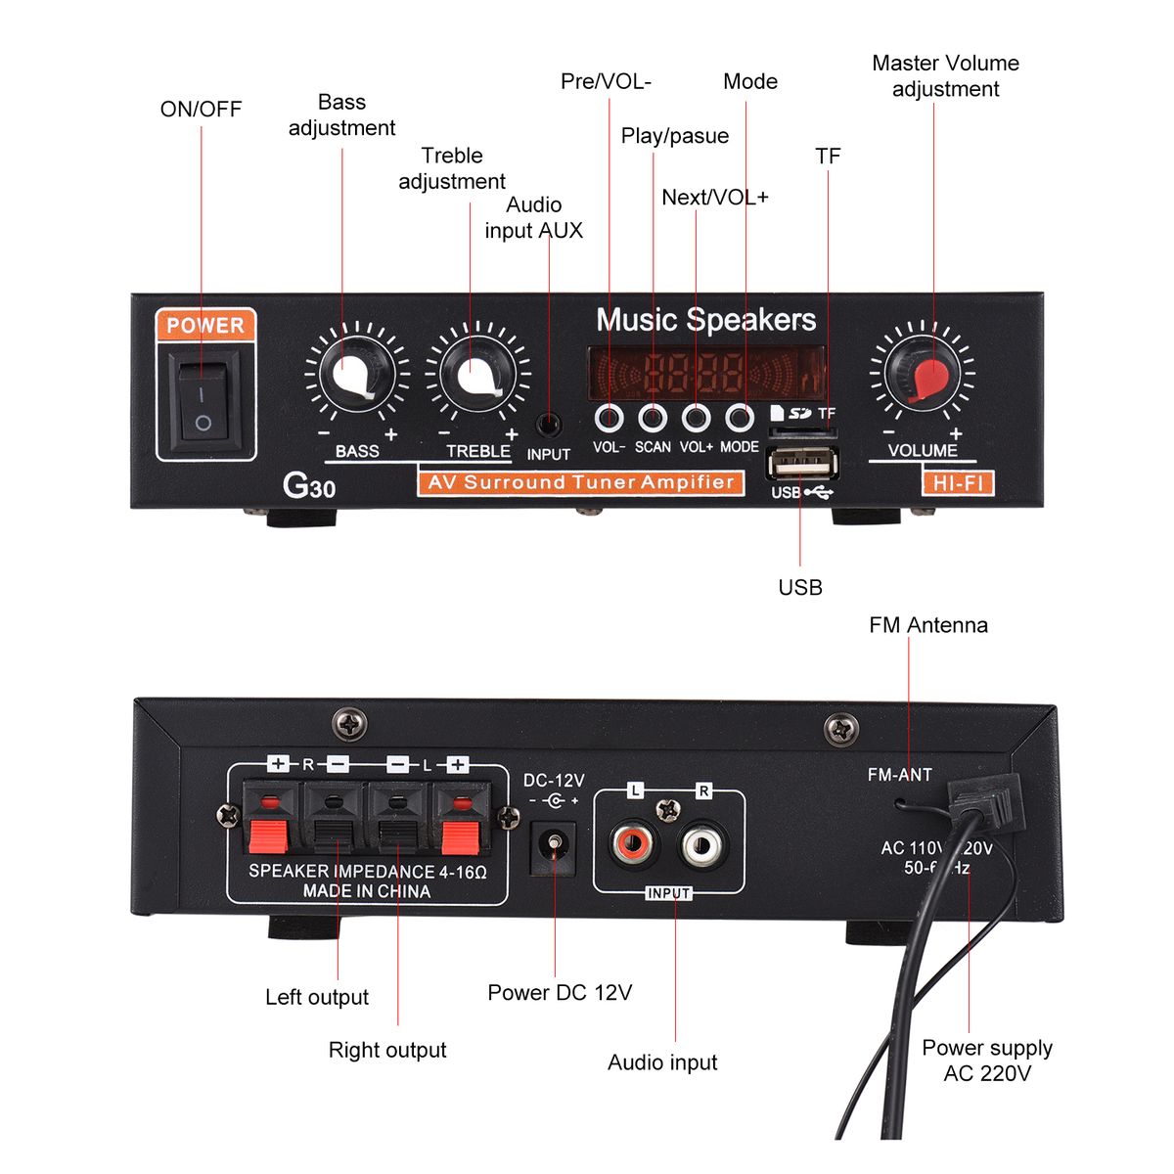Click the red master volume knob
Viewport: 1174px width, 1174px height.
pos(924,375)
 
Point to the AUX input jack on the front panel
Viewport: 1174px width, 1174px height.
pos(549,426)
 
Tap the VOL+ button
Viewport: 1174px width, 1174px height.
pos(696,419)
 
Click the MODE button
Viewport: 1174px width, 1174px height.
pos(740,419)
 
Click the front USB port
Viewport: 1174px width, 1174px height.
pos(802,462)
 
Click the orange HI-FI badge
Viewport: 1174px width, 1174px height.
pos(958,482)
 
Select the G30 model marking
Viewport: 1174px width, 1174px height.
pos(308,485)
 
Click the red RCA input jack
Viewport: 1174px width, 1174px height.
pos(630,842)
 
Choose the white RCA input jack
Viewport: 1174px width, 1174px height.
pos(702,842)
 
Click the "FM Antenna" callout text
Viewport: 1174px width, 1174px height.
pos(927,625)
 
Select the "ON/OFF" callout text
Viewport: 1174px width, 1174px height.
pos(201,110)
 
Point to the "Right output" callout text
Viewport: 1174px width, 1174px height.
pos(387,1050)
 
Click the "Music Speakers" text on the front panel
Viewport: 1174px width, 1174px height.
pos(705,320)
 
